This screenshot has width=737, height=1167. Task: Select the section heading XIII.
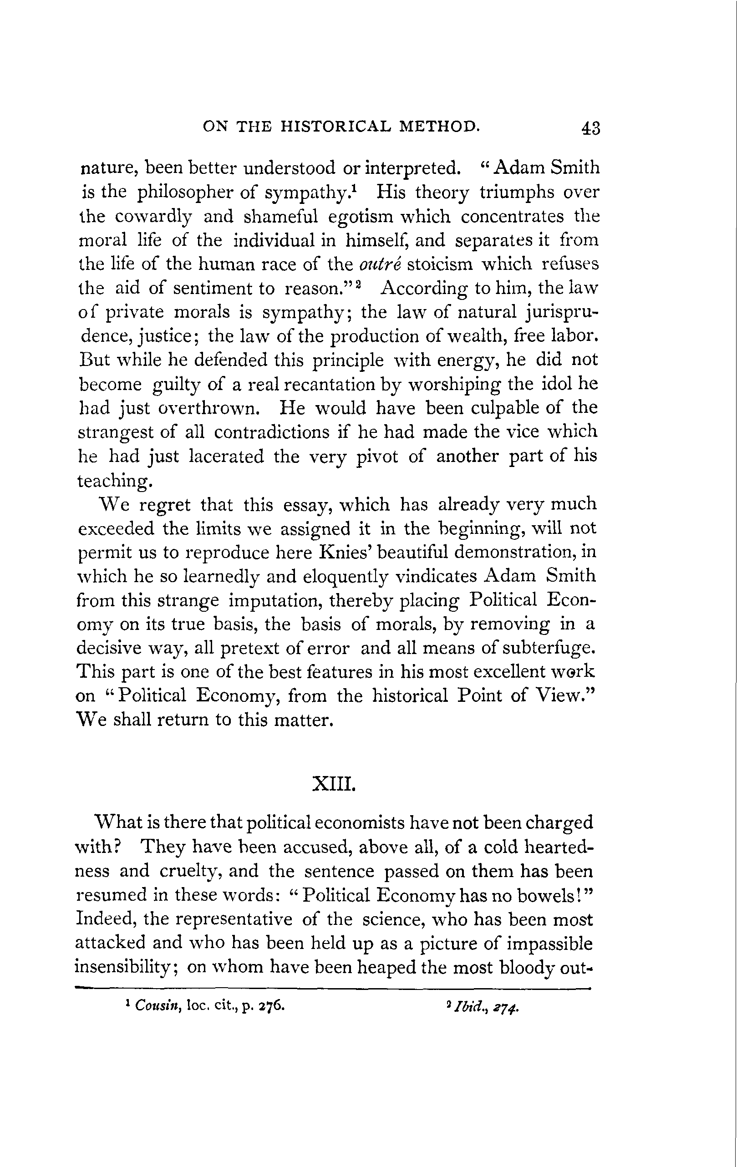click(335, 784)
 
